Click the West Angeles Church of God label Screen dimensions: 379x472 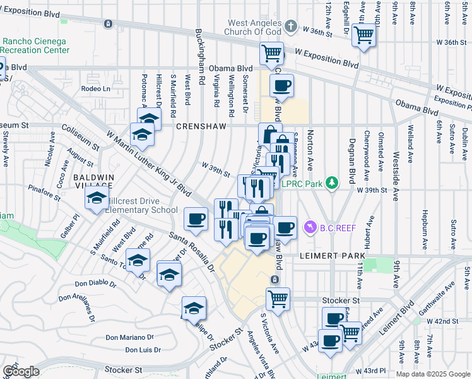click(254, 27)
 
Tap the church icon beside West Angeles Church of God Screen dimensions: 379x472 click(290, 27)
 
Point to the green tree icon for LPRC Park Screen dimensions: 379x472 click(332, 183)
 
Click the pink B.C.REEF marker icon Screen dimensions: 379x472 click(309, 226)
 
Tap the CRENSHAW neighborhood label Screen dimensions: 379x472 click(201, 126)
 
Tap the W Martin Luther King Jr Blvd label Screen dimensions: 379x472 click(149, 160)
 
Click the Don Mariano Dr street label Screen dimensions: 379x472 click(129, 338)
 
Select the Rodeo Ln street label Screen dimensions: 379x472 click(95, 89)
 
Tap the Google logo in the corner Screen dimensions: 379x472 click(21, 371)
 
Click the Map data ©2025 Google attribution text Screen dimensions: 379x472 click(433, 374)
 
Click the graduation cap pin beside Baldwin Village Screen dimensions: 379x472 click(97, 198)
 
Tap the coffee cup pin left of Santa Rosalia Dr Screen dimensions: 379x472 click(196, 219)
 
